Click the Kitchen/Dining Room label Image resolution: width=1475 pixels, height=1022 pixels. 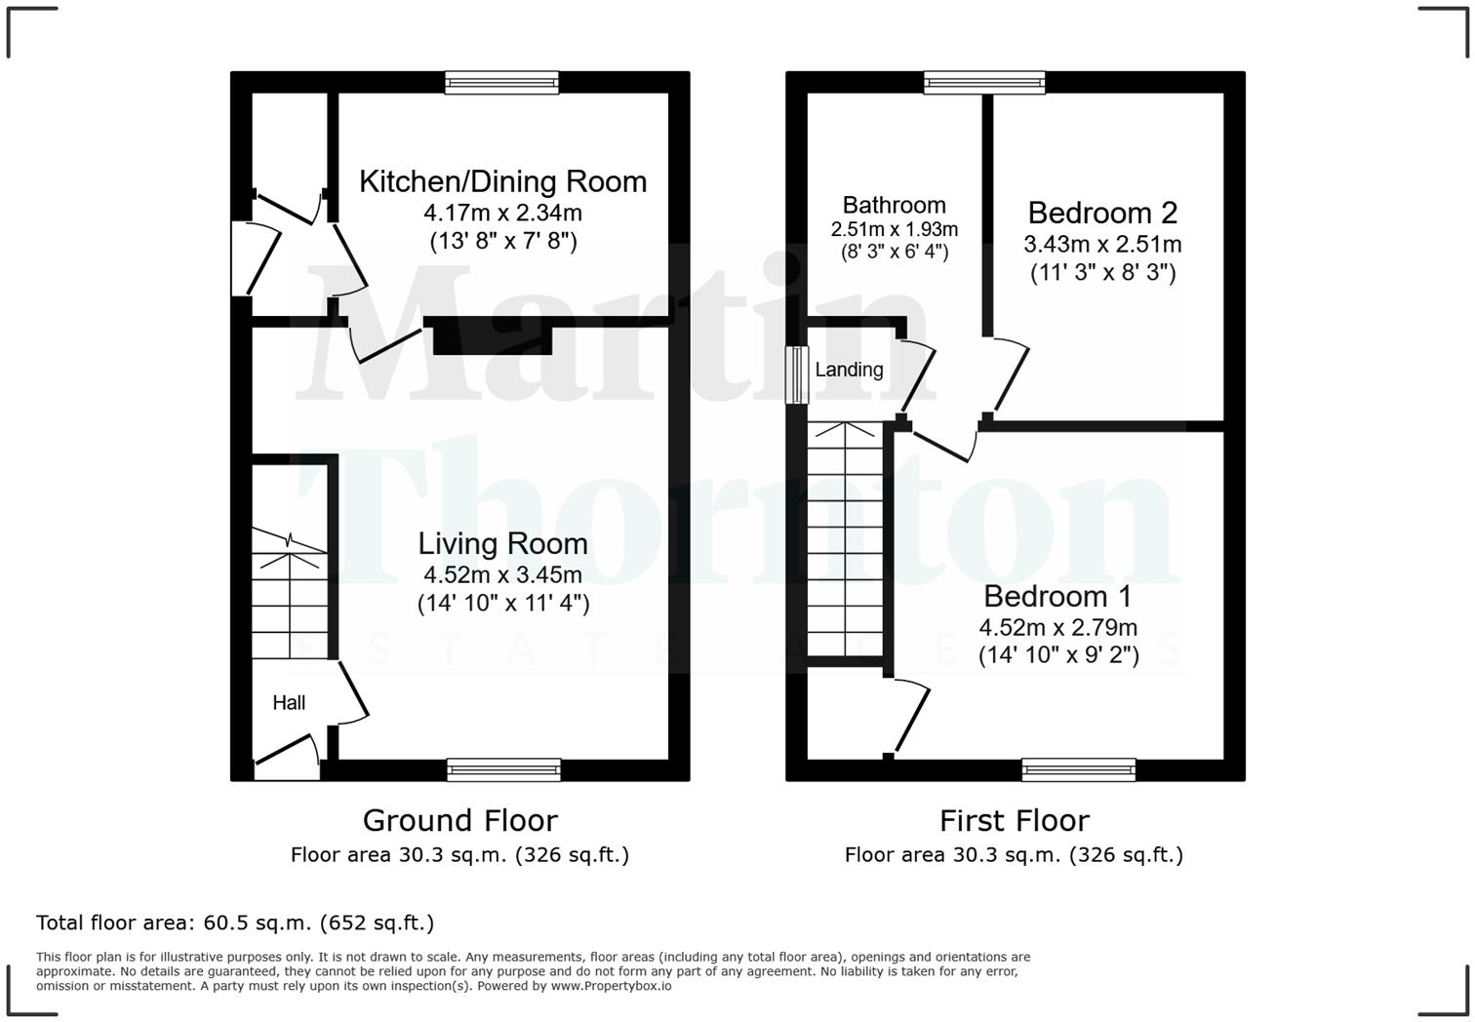pos(502,181)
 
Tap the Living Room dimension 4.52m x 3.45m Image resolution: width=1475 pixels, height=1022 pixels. pos(502,574)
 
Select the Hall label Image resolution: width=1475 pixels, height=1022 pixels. pos(289,702)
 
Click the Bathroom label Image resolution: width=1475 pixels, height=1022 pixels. pos(894,205)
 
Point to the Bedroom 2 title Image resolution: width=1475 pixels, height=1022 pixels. pos(1102,213)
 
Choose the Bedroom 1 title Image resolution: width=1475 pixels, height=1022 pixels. pos(1058,596)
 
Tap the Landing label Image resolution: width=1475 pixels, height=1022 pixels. pos(849,370)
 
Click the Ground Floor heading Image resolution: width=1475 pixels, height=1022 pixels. pos(459,820)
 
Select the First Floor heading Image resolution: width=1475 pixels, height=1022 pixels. pos(1014,820)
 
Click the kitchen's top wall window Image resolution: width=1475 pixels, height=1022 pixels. pos(502,83)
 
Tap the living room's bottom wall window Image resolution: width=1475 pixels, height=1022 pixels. pos(504,770)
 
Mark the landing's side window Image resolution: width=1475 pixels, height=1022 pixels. pos(798,374)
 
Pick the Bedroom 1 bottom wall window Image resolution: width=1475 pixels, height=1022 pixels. pos(1079,770)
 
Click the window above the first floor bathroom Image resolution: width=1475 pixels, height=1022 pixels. pos(985,83)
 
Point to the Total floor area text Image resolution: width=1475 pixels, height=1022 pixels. pos(235,923)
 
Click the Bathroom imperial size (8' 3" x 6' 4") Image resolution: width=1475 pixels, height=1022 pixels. pos(894,252)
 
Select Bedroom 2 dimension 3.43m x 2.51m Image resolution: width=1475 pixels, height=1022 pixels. pos(1102,244)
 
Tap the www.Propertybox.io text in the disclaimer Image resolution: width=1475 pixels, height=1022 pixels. pos(611,986)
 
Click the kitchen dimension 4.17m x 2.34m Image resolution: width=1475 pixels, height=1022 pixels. pos(502,213)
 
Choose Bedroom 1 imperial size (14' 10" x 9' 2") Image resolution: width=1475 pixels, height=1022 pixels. pos(1058,654)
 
